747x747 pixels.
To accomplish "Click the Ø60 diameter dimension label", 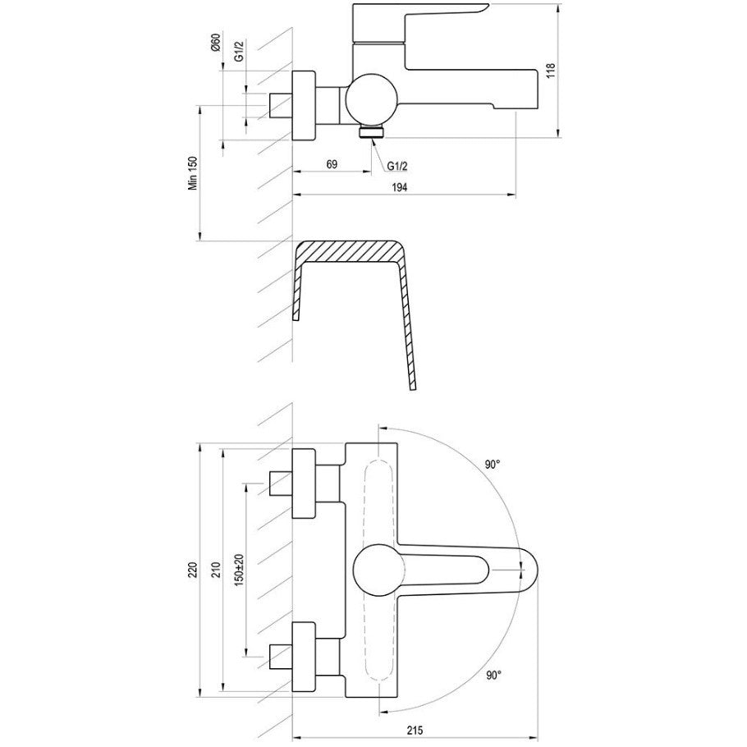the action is click(x=215, y=44).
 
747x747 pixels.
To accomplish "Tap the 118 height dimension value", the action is click(x=551, y=71).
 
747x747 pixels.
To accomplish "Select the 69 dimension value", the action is click(x=332, y=164).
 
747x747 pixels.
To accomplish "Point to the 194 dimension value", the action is click(x=400, y=187).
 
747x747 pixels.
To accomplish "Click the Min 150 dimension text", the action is click(x=193, y=173).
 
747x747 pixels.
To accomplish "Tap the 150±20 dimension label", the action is click(x=239, y=571).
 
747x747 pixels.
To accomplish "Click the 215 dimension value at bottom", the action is click(x=415, y=730).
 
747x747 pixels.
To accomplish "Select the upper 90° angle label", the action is click(x=493, y=465).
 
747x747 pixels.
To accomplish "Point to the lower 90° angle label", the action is click(x=494, y=675).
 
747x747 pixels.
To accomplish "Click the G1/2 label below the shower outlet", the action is click(x=396, y=166).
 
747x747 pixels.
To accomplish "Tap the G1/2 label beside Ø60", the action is click(x=239, y=51).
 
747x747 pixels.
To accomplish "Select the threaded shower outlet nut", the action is click(x=372, y=131).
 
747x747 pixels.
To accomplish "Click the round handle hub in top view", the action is click(x=378, y=571).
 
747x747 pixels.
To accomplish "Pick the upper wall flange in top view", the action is click(x=304, y=483).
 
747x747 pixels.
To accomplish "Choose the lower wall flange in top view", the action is click(x=304, y=657).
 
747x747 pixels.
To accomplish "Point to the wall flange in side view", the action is click(x=304, y=106).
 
